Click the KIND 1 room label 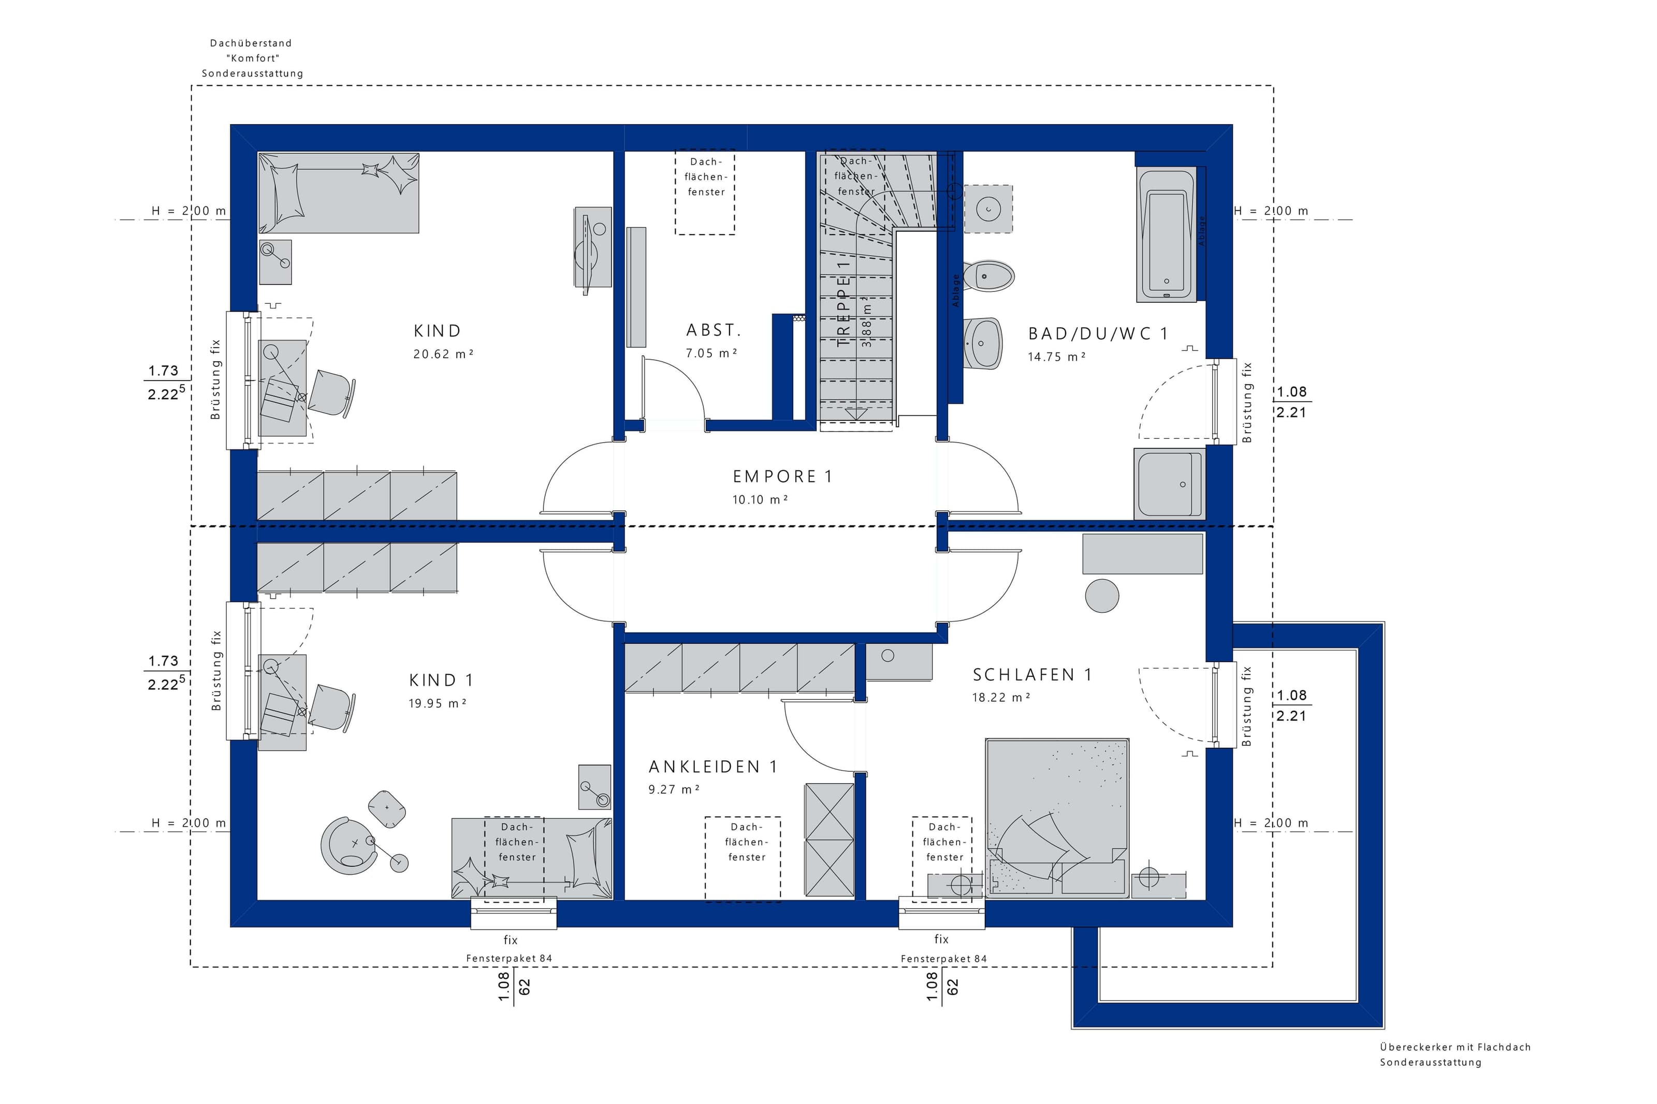click(441, 680)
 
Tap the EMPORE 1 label click(782, 477)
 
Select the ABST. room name click(714, 330)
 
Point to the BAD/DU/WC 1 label click(1098, 334)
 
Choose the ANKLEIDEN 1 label click(713, 767)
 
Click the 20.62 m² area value click(443, 354)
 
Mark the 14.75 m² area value click(1056, 357)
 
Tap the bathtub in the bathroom click(1166, 234)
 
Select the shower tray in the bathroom click(1169, 484)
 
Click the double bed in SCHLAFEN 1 click(1056, 818)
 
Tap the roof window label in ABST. click(706, 176)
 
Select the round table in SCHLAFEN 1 click(1102, 596)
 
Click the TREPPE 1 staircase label click(843, 303)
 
